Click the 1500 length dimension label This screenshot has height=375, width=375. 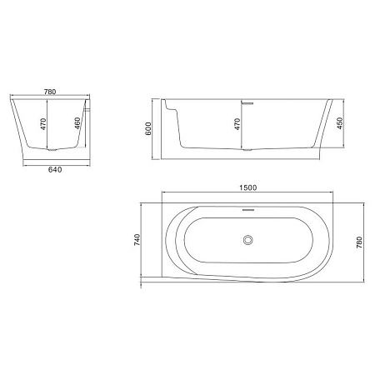click(x=247, y=188)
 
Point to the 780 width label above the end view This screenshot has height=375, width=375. click(x=51, y=93)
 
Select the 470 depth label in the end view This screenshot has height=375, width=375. click(x=42, y=127)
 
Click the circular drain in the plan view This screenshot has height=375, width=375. click(x=247, y=241)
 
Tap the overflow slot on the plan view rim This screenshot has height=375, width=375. click(x=247, y=212)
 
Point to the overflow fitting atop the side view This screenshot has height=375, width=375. click(x=247, y=102)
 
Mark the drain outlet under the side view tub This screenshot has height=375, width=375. click(x=247, y=151)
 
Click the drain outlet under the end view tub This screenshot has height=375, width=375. click(x=52, y=152)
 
